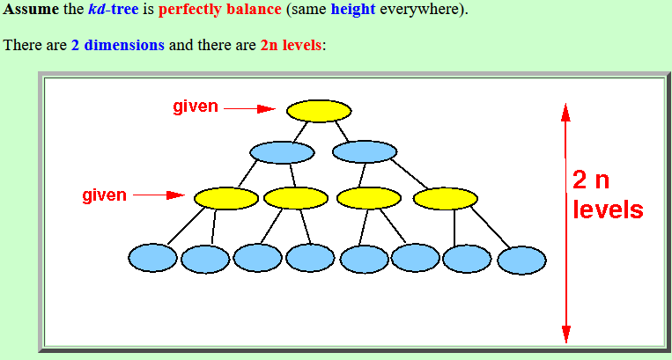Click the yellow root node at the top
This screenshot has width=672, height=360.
[x=319, y=111]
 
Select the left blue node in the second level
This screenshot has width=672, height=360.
[x=282, y=152]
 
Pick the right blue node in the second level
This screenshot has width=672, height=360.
[x=365, y=151]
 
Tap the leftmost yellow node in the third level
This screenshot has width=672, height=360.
[x=226, y=198]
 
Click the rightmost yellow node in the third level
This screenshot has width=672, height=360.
[x=446, y=199]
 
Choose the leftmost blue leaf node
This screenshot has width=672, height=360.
[x=152, y=258]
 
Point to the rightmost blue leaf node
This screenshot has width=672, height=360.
[x=521, y=261]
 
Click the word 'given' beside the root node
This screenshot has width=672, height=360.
[x=196, y=107]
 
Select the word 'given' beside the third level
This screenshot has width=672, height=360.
[x=105, y=195]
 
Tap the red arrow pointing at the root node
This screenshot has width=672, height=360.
[x=250, y=109]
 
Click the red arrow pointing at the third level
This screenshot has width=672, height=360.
[x=159, y=195]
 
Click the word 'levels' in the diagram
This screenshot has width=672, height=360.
[x=608, y=209]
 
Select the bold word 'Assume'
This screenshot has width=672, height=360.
[x=31, y=9]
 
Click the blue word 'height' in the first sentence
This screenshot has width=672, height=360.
[x=353, y=9]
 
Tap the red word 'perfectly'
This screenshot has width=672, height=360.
[x=190, y=10]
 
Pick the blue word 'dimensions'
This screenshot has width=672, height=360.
[x=124, y=45]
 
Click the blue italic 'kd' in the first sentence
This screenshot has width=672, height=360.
[x=96, y=9]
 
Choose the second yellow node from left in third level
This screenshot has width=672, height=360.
[x=296, y=198]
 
